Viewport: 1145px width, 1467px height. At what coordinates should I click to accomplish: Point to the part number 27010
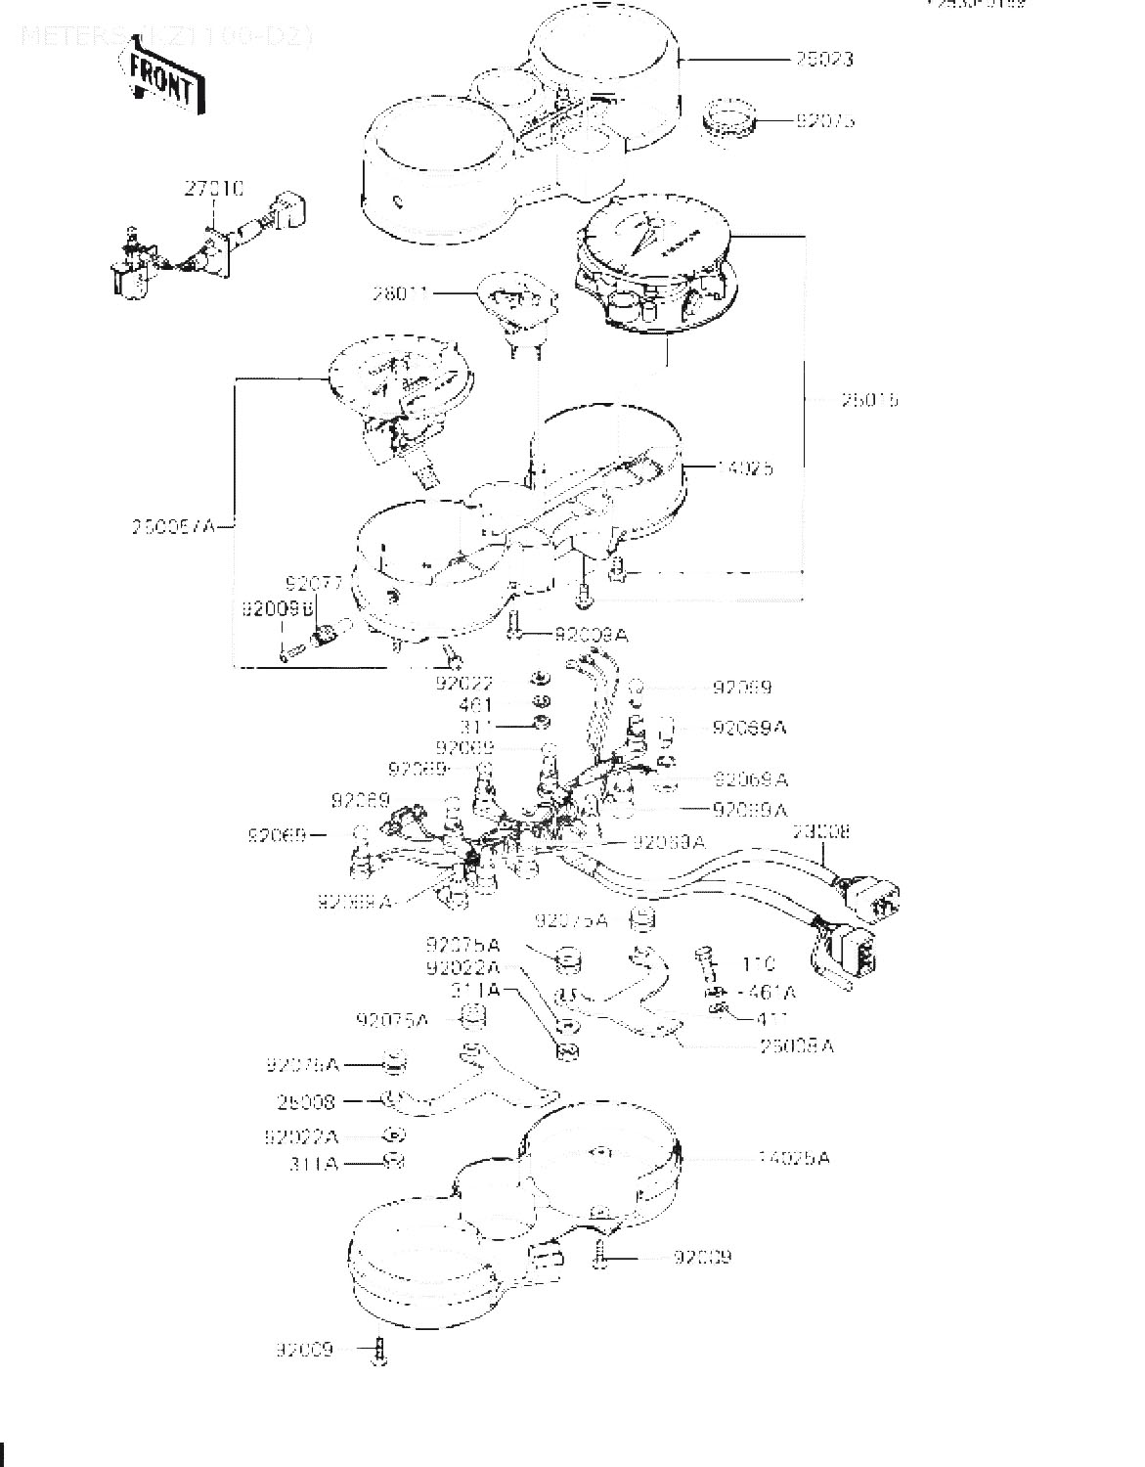pos(214,188)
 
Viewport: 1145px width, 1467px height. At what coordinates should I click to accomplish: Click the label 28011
pos(399,291)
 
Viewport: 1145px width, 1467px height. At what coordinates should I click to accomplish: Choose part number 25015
pos(869,400)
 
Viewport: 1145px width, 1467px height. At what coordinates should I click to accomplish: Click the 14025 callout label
pos(744,468)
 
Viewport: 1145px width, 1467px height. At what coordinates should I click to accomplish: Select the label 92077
pos(314,585)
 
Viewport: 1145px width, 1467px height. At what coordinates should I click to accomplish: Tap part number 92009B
pos(277,608)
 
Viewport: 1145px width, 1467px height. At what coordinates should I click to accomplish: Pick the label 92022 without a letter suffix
pos(465,683)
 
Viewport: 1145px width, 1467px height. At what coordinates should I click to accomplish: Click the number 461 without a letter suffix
pos(475,704)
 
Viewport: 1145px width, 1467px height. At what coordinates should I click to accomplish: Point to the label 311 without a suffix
pos(478,727)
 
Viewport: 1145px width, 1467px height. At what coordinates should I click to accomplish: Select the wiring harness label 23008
pos(820,832)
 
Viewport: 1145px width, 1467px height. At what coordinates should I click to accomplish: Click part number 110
pos(759,964)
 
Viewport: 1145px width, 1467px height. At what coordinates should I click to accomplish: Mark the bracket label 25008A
pos(797,1045)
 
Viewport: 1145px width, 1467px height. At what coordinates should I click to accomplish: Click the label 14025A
pos(793,1158)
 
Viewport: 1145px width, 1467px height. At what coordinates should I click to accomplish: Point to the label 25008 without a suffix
pos(306,1102)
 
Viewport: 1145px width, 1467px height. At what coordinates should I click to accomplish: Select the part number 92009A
pos(591,636)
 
